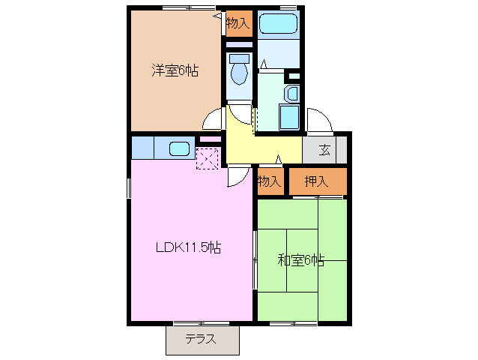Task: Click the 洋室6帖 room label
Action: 175,71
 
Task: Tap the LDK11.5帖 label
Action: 188,247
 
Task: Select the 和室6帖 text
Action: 300,260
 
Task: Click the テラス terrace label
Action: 201,339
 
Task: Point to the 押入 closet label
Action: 317,181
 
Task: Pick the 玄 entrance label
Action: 324,148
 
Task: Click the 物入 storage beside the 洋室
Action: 238,23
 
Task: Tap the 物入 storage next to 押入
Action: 270,181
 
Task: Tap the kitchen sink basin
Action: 180,148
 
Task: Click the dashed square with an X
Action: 208,158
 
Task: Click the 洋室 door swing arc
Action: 214,120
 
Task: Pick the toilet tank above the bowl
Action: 239,57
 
